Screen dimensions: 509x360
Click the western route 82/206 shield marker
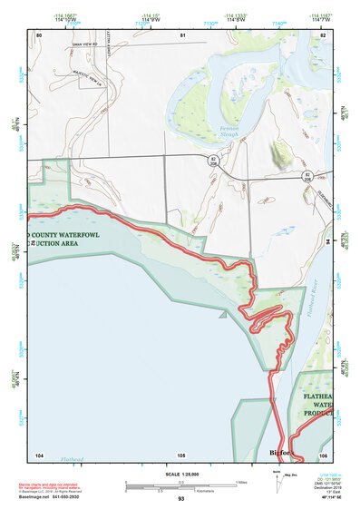coord(212,161)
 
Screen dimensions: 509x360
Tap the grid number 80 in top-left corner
coord(39,34)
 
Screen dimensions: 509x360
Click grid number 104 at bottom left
coord(39,454)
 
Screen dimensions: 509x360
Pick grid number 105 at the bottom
coord(181,454)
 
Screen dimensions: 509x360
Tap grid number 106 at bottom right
coord(323,454)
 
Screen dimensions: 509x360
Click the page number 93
coord(181,499)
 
